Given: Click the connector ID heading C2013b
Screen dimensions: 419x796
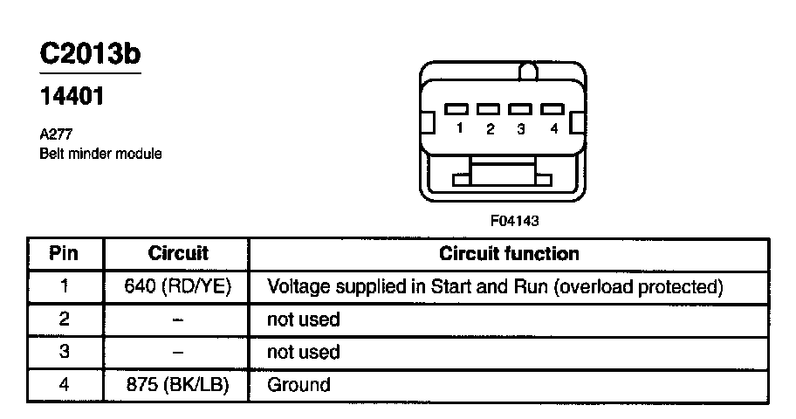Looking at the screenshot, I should pos(90,53).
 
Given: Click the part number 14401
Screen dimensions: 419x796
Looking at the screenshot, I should pos(72,97).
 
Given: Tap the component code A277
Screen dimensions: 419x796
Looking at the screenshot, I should pos(55,136).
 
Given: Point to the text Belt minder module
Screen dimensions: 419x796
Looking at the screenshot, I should pos(100,154).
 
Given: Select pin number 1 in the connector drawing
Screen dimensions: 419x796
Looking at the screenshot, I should pos(458,129).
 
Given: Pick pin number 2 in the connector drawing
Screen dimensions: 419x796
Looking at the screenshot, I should pos(490,129).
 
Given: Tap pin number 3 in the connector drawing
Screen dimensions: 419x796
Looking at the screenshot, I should pos(520,129).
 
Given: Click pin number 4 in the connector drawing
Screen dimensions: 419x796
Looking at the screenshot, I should pos(552,129).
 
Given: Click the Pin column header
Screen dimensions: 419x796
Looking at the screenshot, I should pos(64,254).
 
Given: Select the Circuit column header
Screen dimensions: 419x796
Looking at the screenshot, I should pos(178,254).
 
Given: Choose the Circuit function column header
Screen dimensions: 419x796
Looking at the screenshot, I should pos(509,254).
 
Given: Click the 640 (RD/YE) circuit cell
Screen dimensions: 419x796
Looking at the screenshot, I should pos(178,286).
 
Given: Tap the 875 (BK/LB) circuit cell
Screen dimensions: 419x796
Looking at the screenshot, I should pos(178,384).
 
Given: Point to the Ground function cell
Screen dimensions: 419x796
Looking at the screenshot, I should pos(298,384).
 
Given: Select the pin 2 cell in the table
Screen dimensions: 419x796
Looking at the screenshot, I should pos(64,319).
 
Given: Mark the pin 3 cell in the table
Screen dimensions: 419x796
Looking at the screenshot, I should pos(64,352).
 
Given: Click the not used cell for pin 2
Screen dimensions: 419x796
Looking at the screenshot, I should pos(303,319).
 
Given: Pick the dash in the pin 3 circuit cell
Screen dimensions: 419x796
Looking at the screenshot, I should pos(178,352).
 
